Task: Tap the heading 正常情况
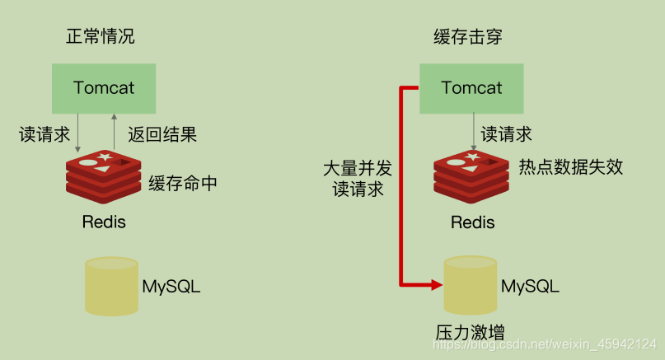coord(101,37)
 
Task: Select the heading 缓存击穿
coord(467,37)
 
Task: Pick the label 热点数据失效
coord(570,167)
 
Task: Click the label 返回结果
coord(162,134)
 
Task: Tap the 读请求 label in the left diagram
coord(44,134)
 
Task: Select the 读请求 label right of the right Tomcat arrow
coord(506,134)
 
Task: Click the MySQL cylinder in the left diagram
coord(112,286)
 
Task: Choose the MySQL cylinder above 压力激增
coord(471,286)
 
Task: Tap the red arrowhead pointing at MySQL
coord(436,285)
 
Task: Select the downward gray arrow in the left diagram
coord(78,133)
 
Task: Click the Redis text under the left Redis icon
coord(104,222)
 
